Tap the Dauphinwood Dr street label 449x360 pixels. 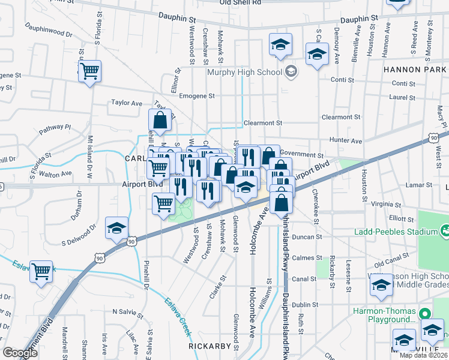click(x=48, y=31)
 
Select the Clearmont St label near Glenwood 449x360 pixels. click(x=262, y=123)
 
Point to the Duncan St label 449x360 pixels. click(x=307, y=237)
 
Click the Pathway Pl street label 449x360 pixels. click(x=55, y=128)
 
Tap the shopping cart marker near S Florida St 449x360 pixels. click(x=89, y=71)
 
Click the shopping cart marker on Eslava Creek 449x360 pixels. click(x=41, y=272)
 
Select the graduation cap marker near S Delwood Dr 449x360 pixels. click(x=116, y=228)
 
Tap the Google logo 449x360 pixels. click(x=20, y=353)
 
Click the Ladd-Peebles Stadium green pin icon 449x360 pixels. click(x=445, y=230)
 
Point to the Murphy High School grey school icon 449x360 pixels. click(x=291, y=73)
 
